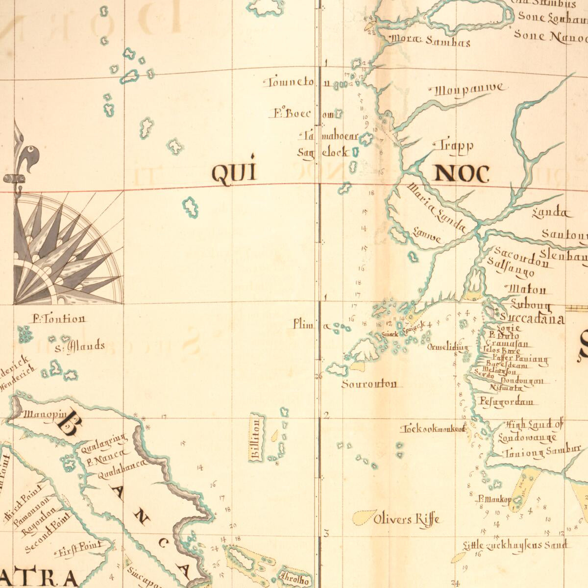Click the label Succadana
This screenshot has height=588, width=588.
(530, 319)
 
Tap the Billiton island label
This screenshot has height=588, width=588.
(256, 438)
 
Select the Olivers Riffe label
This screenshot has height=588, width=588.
(407, 518)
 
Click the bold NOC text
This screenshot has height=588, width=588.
(462, 174)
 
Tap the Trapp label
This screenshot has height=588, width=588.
(453, 145)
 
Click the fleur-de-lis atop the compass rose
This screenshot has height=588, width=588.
(22, 154)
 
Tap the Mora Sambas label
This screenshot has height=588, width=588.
(430, 41)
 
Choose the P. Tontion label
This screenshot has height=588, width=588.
(59, 319)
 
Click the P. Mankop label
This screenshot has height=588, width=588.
(494, 500)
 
